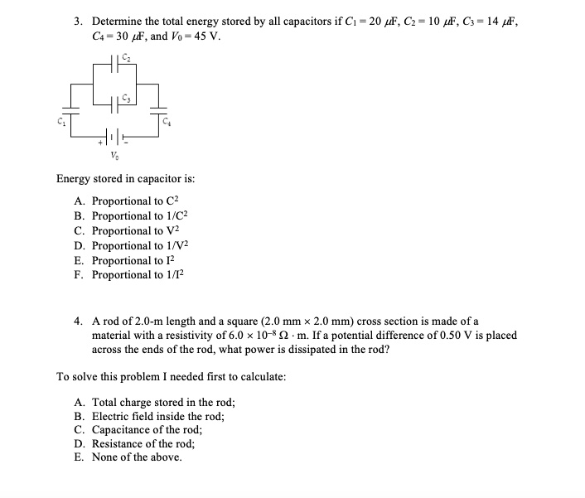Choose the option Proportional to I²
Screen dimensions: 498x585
pos(133,260)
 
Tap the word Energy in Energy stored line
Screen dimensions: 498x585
pos(74,178)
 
